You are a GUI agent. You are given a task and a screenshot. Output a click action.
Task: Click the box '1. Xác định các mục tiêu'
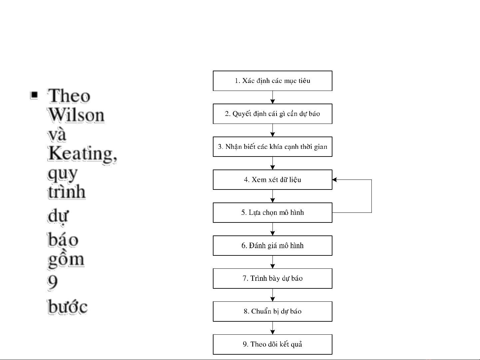pos(272,81)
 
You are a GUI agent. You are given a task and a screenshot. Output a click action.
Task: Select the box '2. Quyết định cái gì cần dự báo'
pos(272,114)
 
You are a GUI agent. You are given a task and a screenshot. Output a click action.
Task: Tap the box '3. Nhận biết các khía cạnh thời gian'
pos(272,147)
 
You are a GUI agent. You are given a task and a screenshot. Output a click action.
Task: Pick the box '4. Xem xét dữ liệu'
pos(272,180)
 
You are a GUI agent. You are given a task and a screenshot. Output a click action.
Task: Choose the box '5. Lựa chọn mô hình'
pos(272,213)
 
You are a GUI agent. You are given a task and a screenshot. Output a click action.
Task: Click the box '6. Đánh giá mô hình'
pos(272,246)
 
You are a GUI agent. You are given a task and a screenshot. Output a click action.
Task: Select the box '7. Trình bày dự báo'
pos(272,278)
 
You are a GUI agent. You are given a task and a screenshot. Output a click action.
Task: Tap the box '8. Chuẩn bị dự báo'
pos(272,311)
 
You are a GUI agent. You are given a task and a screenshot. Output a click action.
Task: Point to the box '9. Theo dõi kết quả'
pos(272,344)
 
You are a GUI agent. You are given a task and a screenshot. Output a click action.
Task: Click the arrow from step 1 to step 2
pos(272,97)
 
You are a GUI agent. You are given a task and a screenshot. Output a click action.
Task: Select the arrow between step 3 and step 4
pos(272,163)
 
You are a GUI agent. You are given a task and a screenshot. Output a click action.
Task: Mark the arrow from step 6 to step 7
pos(272,262)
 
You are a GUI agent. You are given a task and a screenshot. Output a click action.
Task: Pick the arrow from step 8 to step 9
pos(272,328)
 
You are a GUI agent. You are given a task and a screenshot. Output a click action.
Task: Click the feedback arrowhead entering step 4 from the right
pos(335,180)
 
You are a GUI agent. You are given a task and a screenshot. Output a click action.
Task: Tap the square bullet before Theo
pos(34,95)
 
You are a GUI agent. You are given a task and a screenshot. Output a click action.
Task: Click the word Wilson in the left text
pos(76,115)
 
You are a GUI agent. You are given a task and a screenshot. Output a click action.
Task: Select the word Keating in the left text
pos(81,154)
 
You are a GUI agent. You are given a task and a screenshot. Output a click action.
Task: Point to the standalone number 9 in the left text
pos(52,282)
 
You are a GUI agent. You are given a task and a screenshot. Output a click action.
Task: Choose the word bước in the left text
pos(67,307)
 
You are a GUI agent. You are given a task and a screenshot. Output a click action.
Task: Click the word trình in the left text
pos(67,192)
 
